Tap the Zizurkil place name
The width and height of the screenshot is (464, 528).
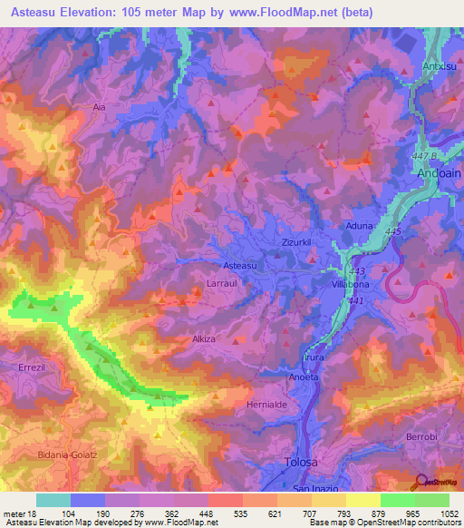pos(297,243)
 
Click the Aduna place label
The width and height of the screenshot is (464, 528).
pos(360,224)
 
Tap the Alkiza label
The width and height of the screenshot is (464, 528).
pos(204,338)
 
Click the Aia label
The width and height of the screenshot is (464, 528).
pos(100,107)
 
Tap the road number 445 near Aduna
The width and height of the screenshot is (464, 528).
pos(392,233)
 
